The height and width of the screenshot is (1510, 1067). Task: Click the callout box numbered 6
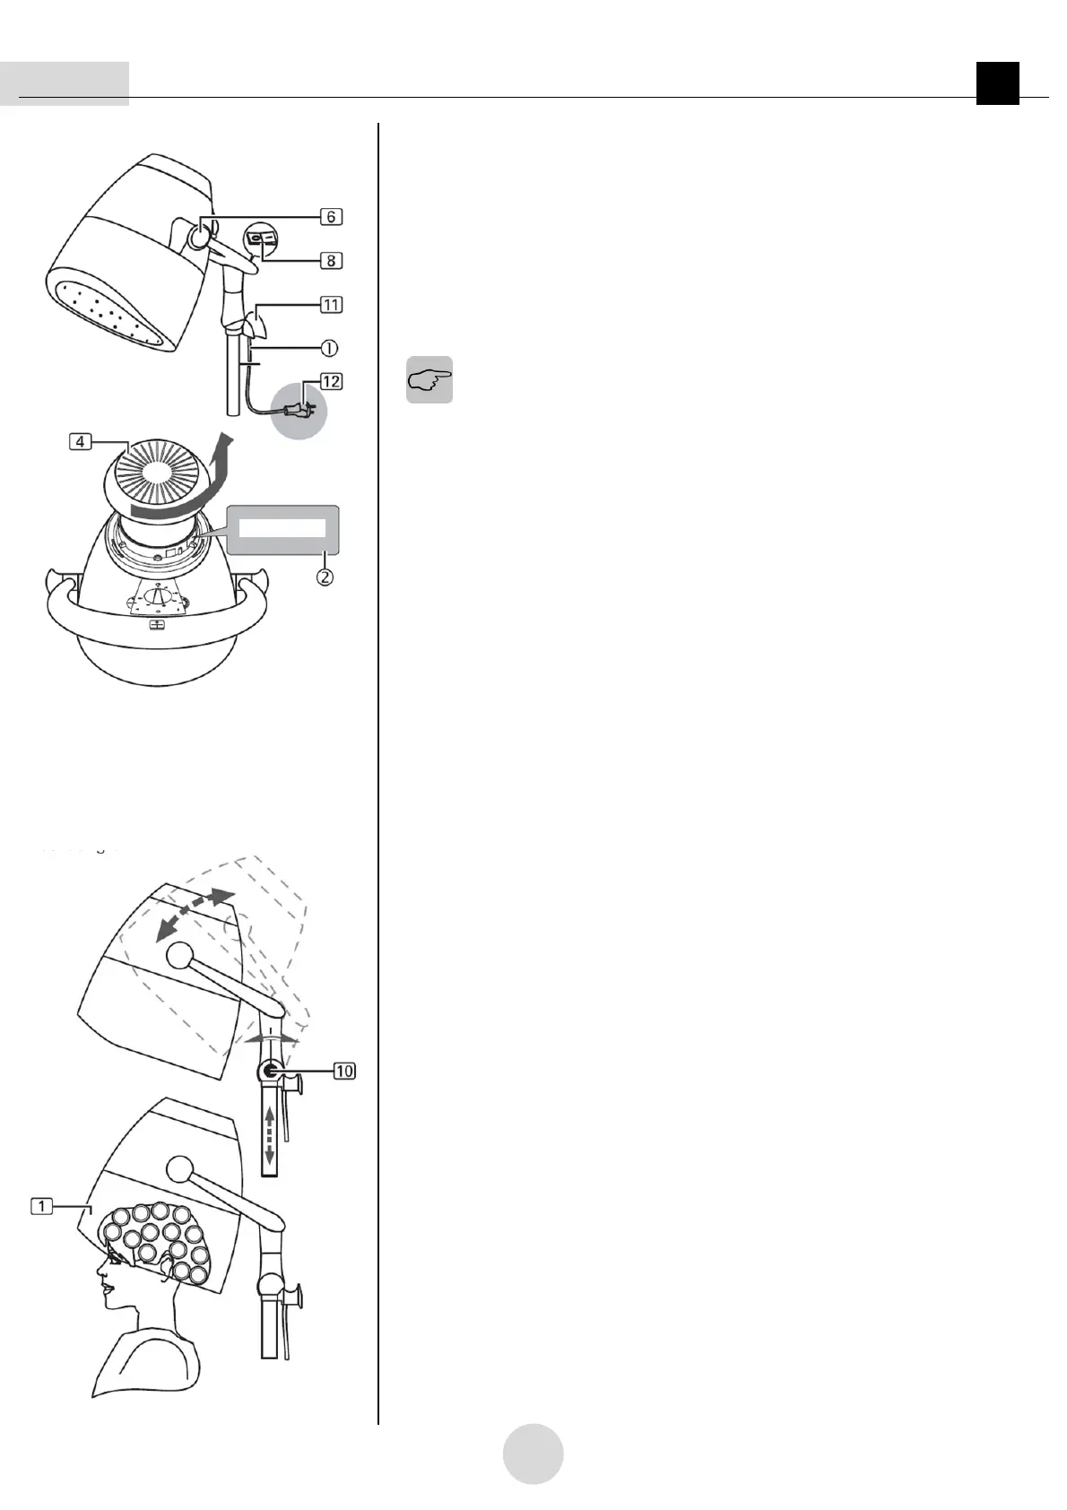331,217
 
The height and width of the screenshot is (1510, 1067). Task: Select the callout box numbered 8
331,261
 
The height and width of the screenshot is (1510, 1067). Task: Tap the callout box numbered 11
331,305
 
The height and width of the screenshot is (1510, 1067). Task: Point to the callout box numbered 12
331,382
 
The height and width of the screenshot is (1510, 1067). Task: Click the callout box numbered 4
80,442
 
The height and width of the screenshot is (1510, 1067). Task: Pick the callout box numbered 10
344,1071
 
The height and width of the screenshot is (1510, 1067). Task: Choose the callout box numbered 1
41,1206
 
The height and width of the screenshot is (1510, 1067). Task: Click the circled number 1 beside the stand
331,345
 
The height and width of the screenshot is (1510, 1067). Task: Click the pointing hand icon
429,380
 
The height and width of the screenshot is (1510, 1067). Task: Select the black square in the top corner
998,83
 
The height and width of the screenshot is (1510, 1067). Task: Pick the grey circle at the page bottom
533,1454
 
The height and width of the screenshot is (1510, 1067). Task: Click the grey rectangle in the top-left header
65,83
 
